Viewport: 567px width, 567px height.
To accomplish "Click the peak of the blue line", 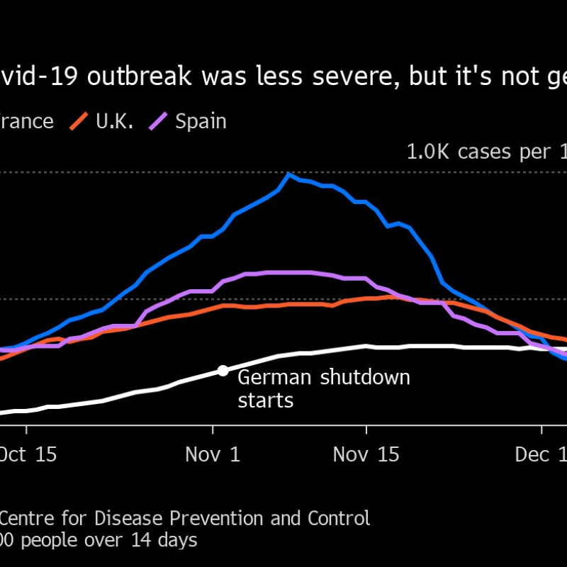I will coord(288,174).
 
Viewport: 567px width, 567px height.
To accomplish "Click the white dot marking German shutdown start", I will coord(223,370).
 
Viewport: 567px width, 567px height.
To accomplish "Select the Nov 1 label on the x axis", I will coord(213,454).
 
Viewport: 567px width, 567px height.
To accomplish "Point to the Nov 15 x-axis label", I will coord(366,454).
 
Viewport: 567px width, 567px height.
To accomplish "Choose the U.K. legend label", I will coord(114,120).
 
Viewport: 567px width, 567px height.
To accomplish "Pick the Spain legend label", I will coord(201,120).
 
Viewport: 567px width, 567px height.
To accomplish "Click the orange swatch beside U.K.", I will coord(79,121).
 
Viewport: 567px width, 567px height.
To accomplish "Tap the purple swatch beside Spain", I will coord(158,121).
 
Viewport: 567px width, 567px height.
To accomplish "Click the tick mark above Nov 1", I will coord(213,430).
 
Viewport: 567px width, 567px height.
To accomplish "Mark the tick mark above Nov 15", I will coord(366,430).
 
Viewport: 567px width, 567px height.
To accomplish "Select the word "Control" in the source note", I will coord(339,518).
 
